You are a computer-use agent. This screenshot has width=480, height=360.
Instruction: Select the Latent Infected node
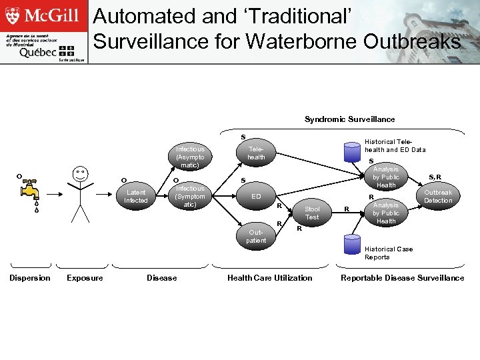pos(136,196)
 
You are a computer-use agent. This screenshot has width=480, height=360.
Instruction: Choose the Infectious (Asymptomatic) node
pos(190,157)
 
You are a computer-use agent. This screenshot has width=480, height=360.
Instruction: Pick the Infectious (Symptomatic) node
pos(190,197)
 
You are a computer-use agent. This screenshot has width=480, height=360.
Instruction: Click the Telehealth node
pos(256,153)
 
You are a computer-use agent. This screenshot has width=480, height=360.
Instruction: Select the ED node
pos(256,197)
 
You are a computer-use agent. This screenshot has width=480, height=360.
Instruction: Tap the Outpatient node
pos(256,236)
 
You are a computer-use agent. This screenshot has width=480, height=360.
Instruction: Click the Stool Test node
pos(311,213)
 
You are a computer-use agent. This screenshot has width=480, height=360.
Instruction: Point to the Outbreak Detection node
pos(438,196)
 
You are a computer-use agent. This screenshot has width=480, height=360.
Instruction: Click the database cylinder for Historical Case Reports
pos(351,244)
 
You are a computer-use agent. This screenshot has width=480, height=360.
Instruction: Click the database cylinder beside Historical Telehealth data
pos(351,151)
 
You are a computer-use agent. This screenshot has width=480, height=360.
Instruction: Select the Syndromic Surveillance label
pos(349,119)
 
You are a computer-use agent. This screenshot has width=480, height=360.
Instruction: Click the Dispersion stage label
pos(29,278)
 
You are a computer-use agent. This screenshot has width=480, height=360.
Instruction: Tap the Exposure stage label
pos(85,278)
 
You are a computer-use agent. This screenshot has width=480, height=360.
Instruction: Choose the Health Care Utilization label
pos(269,278)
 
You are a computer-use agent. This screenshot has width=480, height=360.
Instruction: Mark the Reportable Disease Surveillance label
pos(402,278)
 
